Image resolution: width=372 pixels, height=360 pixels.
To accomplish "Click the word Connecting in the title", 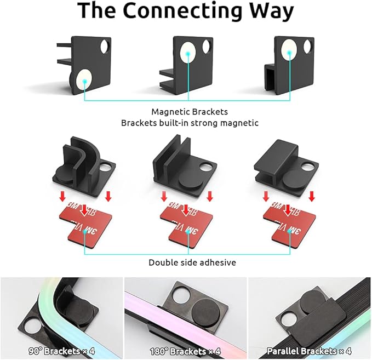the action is [182, 11].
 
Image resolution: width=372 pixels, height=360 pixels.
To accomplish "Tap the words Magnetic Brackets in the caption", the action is [190, 112].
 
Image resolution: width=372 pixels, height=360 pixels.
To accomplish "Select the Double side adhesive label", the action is [192, 262].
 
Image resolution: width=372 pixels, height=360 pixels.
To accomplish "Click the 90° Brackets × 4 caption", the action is [61, 351].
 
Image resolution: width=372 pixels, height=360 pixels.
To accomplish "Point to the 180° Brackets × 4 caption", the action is [185, 351].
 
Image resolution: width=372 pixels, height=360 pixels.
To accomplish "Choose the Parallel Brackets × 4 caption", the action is [309, 351].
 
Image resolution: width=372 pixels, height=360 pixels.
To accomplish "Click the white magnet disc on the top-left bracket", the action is [84, 80].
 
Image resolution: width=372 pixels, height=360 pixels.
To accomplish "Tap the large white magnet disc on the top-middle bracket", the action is [188, 53].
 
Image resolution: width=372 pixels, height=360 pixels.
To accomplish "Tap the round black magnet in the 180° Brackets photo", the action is [205, 311].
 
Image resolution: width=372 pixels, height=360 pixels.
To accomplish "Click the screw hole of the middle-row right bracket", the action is [308, 167].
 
